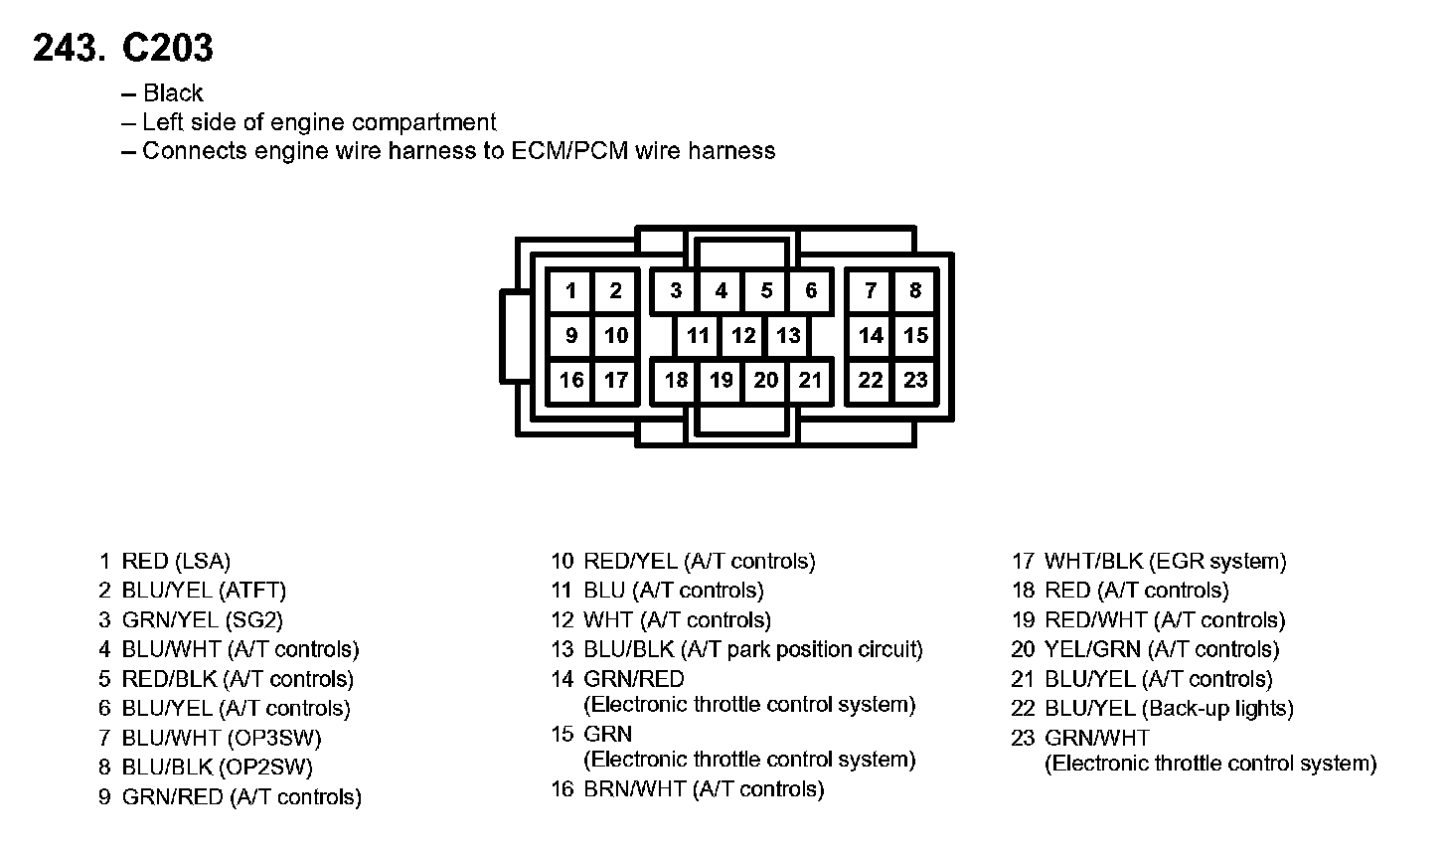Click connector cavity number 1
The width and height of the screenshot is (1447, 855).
tap(570, 290)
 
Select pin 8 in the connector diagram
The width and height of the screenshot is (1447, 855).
tap(915, 290)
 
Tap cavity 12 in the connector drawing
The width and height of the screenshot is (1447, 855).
tap(743, 335)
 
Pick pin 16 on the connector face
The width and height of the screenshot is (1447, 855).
tap(571, 380)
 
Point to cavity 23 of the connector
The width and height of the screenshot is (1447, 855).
tap(915, 380)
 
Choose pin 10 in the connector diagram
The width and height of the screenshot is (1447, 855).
tap(616, 335)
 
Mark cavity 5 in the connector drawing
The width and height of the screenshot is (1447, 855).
tap(766, 290)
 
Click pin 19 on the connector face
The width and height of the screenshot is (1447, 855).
tap(722, 380)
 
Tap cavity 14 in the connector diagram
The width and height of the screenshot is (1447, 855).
tap(871, 335)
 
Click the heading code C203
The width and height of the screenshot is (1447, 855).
tap(167, 48)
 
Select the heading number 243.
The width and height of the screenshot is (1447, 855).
tap(68, 48)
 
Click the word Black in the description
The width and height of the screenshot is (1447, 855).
tap(173, 93)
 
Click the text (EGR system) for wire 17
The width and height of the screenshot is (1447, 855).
tap(1217, 562)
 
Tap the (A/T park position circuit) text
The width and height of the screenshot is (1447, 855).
tap(806, 650)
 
